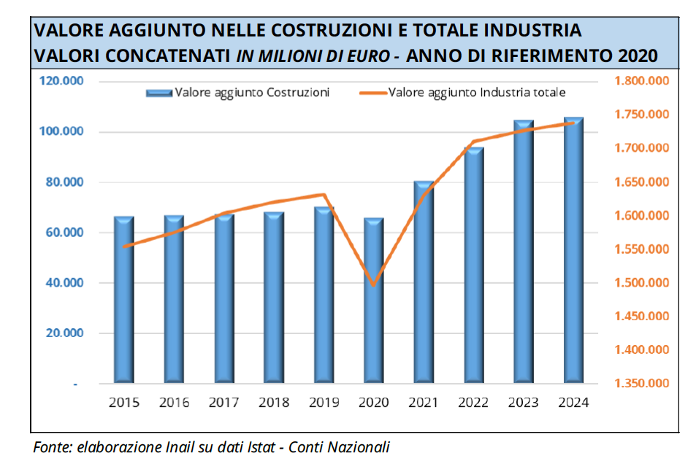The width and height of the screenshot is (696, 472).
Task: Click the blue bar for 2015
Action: coord(123,299)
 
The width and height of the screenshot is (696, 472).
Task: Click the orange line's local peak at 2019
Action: coord(324,195)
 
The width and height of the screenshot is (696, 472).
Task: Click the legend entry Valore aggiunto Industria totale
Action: coord(477,93)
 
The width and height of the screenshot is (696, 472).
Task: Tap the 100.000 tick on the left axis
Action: coord(63,132)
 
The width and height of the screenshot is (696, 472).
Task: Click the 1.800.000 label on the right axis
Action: coord(642,81)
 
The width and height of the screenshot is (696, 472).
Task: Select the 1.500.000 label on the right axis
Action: coord(642,283)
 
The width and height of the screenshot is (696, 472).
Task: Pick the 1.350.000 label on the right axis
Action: coord(642,384)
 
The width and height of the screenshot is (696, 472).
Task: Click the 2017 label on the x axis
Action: coord(223,403)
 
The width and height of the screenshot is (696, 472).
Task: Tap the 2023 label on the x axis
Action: coord(524,403)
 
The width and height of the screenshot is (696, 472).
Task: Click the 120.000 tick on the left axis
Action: coord(63,81)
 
